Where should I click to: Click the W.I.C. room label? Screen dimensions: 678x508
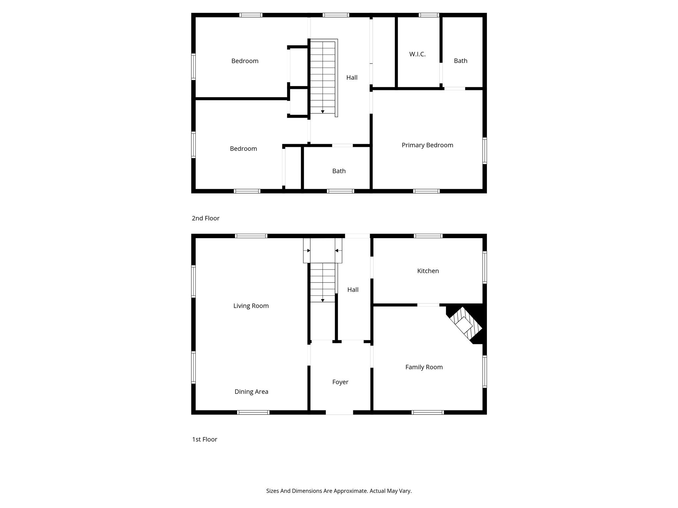[417, 54]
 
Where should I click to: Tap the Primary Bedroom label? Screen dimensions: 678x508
[427, 145]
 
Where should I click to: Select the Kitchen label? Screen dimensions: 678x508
[428, 271]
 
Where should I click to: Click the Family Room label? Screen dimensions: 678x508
[424, 367]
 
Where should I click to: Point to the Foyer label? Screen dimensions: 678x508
[340, 382]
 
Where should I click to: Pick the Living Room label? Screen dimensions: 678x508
[251, 306]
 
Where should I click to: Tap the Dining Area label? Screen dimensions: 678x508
[251, 392]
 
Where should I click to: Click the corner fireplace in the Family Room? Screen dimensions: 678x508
[466, 324]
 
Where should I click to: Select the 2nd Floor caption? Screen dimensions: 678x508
[206, 218]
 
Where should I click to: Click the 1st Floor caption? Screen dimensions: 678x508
[205, 440]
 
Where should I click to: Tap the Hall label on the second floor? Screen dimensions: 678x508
[352, 77]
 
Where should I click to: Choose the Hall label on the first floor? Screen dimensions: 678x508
[353, 290]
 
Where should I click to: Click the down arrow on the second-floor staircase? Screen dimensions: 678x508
[323, 112]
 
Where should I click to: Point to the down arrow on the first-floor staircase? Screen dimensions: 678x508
[323, 300]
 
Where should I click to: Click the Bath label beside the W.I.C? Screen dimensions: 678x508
[460, 61]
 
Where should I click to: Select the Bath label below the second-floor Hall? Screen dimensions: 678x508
[339, 171]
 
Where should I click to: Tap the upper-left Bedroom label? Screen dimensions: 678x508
[245, 61]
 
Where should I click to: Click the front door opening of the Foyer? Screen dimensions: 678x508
[339, 412]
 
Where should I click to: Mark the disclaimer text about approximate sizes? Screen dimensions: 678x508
[339, 491]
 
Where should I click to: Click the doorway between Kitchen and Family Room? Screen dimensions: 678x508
[428, 305]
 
